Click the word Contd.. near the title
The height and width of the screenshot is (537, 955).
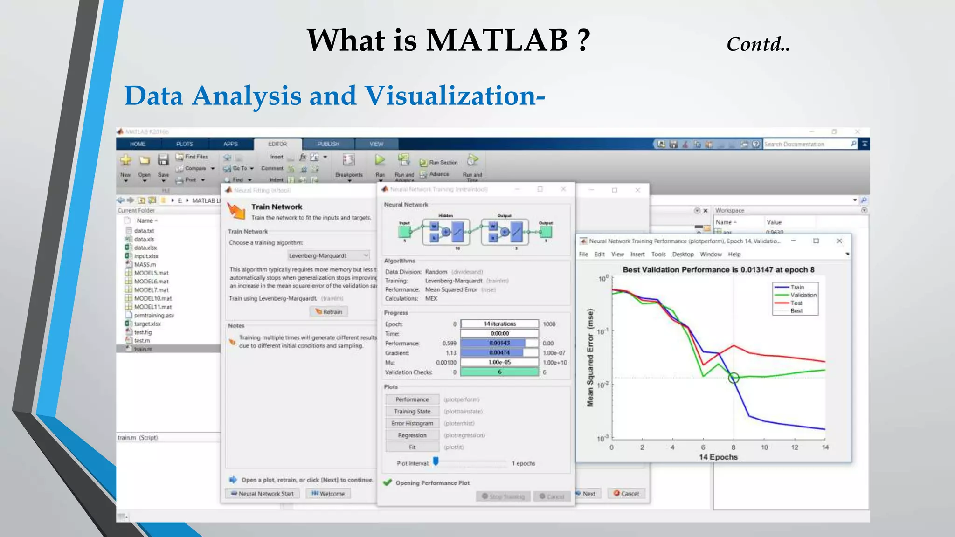pos(758,45)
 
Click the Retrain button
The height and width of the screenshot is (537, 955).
pos(329,312)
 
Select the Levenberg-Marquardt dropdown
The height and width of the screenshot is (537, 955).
pos(328,255)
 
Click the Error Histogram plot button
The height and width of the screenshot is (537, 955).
pos(412,423)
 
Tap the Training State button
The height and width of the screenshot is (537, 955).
pos(412,412)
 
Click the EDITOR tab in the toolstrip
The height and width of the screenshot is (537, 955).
pos(277,144)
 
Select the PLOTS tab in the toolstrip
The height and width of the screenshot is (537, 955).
pos(184,144)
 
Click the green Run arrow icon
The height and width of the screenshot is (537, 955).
pos(380,160)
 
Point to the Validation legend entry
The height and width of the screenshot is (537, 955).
pos(803,295)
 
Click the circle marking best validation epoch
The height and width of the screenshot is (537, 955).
pos(734,378)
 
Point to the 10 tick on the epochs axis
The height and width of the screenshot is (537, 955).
pos(764,447)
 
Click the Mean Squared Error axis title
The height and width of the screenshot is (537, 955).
pos(590,358)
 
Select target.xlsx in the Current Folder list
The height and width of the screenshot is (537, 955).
pos(147,324)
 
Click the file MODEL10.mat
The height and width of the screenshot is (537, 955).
pos(152,298)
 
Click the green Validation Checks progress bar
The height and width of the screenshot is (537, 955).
pos(499,372)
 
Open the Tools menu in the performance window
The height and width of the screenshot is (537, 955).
pos(658,255)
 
